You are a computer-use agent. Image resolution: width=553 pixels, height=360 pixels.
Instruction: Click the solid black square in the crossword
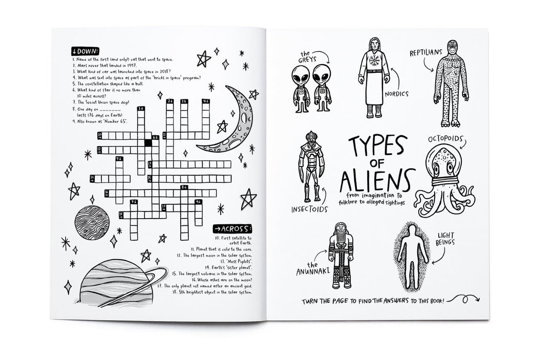click(147, 143)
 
